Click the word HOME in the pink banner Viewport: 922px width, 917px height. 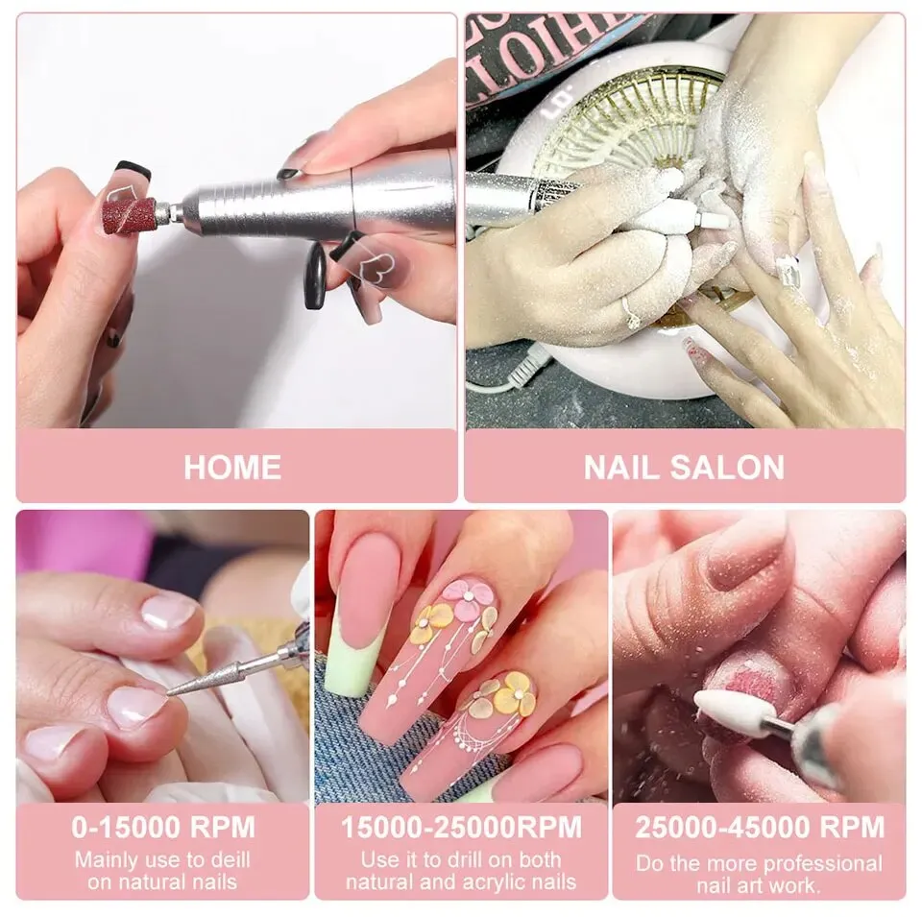point(232,467)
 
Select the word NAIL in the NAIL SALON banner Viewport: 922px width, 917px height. point(619,467)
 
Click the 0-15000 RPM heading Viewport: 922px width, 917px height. point(163,827)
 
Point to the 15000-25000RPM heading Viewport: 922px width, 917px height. point(461,827)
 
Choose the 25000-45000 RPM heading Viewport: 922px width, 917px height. point(759,827)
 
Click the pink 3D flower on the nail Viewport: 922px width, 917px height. point(469,596)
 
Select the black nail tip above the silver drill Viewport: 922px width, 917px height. point(133,170)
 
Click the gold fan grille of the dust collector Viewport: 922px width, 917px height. point(624,125)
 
